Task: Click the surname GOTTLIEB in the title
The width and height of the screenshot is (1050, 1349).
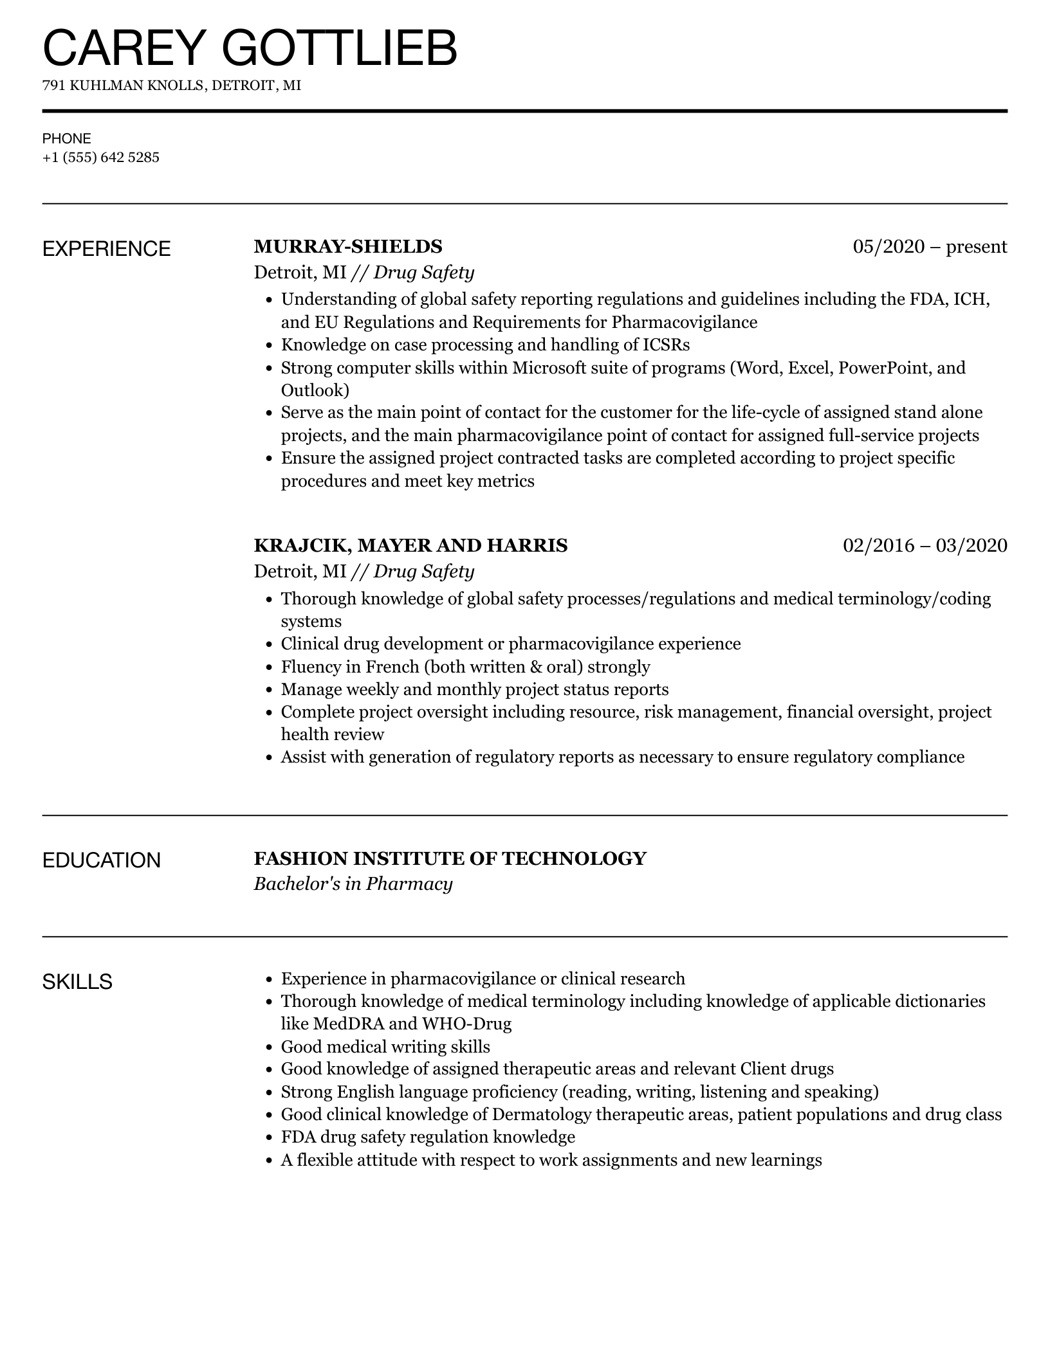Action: point(339,48)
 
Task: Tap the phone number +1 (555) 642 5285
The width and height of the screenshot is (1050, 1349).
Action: point(101,158)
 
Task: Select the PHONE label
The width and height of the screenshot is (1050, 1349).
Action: point(67,138)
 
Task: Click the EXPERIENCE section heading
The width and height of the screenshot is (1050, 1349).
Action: point(107,249)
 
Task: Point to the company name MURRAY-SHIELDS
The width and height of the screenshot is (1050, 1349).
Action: point(348,246)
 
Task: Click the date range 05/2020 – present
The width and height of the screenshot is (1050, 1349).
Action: point(930,246)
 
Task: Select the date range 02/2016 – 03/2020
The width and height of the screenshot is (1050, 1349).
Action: point(925,545)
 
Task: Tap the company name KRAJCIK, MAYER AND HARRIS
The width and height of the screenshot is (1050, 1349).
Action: point(410,545)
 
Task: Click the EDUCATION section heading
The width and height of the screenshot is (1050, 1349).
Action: point(102,860)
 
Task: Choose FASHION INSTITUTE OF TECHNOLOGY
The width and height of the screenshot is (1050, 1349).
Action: point(450,858)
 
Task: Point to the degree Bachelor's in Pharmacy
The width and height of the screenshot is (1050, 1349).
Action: point(353,884)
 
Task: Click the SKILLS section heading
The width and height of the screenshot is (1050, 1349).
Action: point(77,982)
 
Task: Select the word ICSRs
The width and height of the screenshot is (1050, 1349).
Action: point(667,345)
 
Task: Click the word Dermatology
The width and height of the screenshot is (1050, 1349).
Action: point(541,1114)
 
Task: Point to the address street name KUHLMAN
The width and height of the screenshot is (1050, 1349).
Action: point(106,86)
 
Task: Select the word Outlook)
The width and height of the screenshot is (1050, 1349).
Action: point(315,390)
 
